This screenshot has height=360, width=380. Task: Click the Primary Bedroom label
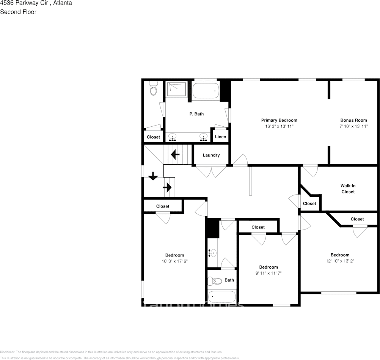(279, 120)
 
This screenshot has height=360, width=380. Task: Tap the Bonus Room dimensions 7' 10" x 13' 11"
(353, 126)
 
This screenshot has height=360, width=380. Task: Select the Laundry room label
(211, 155)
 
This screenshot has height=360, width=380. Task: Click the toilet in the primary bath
(154, 88)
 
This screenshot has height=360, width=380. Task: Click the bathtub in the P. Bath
(206, 91)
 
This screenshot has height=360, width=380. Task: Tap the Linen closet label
(220, 137)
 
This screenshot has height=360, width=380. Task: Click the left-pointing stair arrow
(175, 154)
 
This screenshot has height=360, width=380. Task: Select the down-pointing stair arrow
(153, 176)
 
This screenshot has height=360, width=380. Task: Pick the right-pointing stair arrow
(168, 187)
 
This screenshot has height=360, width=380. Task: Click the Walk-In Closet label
(348, 189)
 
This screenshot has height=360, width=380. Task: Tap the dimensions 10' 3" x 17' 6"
(174, 261)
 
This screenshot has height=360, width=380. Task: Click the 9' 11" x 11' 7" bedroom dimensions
(269, 273)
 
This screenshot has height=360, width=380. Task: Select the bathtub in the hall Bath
(221, 296)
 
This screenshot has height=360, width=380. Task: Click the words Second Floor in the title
(18, 12)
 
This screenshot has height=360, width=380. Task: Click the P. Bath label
(196, 114)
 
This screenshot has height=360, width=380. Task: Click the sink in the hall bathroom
(212, 252)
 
